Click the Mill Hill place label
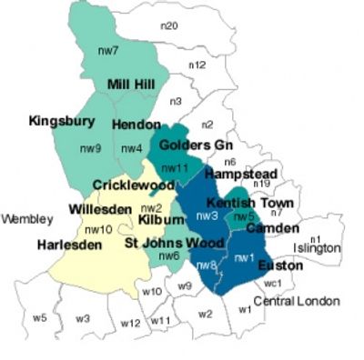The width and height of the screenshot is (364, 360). (131, 85)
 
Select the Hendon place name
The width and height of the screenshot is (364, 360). (137, 125)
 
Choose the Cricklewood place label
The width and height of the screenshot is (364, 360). (134, 185)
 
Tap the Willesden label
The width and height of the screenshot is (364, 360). (100, 209)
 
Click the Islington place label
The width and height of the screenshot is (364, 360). (316, 247)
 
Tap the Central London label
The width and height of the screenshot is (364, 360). (296, 301)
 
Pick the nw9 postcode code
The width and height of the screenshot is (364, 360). (88, 147)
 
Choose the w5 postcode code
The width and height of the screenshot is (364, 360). (39, 317)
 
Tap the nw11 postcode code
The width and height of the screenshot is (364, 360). (174, 168)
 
